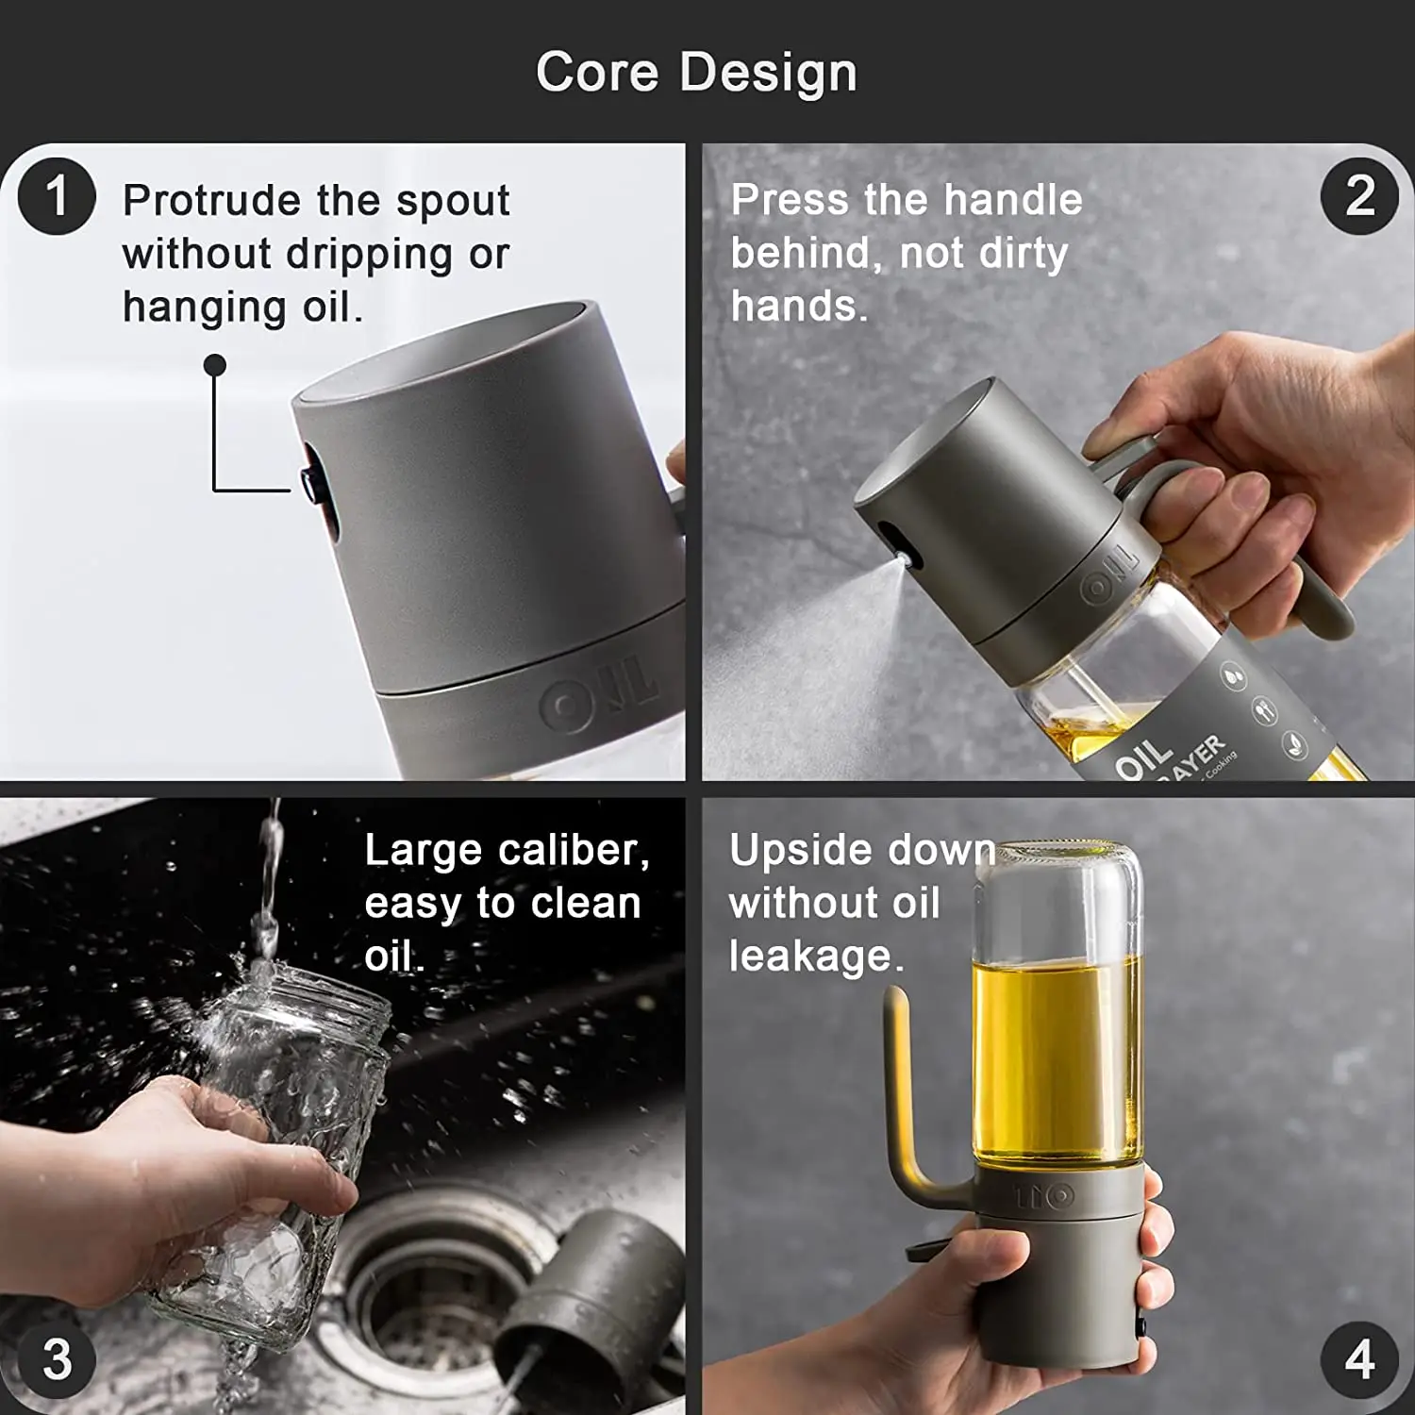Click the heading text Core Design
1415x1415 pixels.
696,73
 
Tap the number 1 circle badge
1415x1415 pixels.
57,196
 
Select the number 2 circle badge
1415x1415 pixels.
1358,196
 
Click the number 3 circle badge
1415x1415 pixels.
57,1359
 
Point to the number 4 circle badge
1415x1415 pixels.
1358,1359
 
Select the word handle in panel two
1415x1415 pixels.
1012,200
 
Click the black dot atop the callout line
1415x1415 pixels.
215,365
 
